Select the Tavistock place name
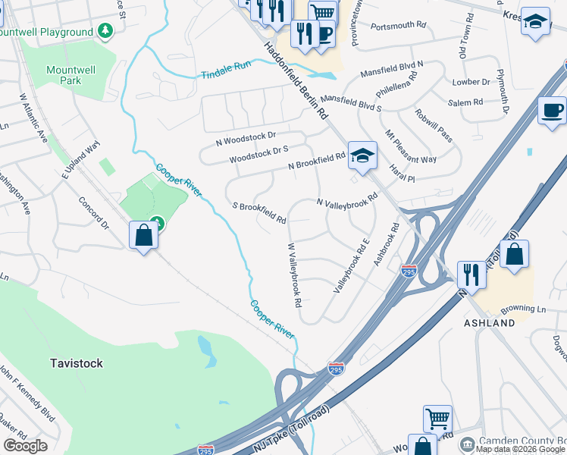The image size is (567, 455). [77, 363]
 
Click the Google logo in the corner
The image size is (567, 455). [25, 446]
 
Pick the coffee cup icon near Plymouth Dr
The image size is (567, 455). [552, 111]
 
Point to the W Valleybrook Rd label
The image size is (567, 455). [294, 275]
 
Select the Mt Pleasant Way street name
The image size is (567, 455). [410, 146]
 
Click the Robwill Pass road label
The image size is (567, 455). [434, 126]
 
